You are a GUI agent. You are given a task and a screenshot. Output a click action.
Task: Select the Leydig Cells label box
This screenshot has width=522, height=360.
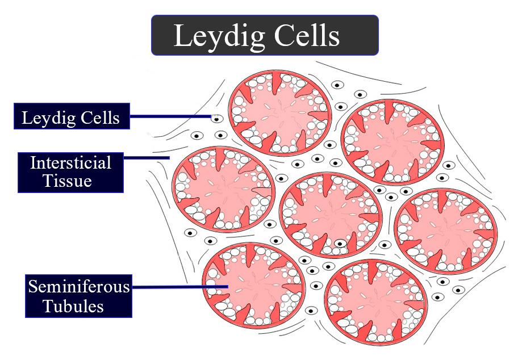click(x=72, y=118)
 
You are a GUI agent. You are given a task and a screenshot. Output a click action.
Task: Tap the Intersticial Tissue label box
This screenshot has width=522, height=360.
click(x=70, y=172)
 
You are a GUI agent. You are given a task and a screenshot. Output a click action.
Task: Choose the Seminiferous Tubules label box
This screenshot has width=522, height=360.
click(x=79, y=296)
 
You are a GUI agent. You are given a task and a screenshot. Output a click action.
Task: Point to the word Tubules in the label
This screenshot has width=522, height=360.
click(x=73, y=307)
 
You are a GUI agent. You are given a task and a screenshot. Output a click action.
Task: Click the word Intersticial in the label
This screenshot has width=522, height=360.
click(x=70, y=163)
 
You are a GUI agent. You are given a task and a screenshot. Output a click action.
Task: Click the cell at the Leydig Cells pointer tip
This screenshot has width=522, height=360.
click(x=216, y=118)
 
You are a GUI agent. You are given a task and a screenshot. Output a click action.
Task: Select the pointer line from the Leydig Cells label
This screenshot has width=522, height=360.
click(x=170, y=118)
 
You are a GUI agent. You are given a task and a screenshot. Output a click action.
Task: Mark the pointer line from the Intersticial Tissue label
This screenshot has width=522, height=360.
click(x=146, y=157)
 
